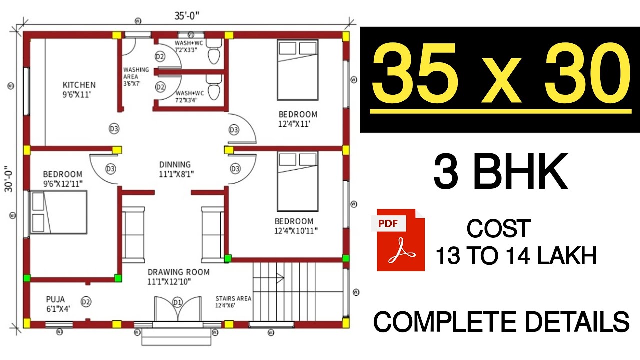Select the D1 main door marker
[177, 302]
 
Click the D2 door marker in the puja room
[86, 302]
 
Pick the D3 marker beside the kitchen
[114, 129]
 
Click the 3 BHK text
[500, 171]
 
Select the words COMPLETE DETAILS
[501, 321]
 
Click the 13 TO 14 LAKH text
[516, 257]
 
